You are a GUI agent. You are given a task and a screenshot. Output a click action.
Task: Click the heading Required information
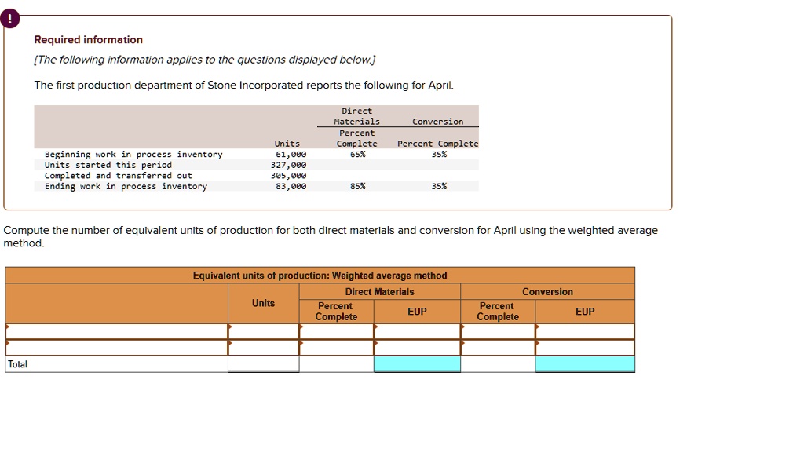[88, 40]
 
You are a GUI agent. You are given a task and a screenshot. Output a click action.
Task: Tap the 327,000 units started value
[288, 166]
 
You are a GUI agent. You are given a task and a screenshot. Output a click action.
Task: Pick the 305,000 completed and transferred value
[288, 176]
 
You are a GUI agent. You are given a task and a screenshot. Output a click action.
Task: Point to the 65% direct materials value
[356, 155]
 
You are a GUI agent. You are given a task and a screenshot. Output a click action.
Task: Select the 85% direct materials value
[356, 187]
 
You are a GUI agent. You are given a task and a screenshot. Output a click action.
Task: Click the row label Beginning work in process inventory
[133, 155]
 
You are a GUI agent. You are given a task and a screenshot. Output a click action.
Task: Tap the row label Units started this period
[108, 166]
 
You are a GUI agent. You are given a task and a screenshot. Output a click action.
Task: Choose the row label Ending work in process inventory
[126, 187]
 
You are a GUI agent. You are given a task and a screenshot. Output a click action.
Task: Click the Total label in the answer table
[18, 364]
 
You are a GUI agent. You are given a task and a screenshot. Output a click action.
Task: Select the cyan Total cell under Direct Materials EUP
[417, 364]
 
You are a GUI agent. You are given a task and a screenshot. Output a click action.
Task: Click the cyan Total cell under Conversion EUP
[585, 364]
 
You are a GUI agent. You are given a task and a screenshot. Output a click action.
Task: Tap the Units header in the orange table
[264, 303]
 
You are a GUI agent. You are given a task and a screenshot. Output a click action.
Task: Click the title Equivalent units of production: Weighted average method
[320, 276]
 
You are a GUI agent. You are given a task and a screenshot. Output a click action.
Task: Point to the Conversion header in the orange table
[547, 292]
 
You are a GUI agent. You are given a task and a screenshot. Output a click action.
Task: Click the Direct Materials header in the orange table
[379, 292]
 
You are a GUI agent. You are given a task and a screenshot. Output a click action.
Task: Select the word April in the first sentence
[438, 86]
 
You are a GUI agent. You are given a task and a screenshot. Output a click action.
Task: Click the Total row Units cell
[264, 364]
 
